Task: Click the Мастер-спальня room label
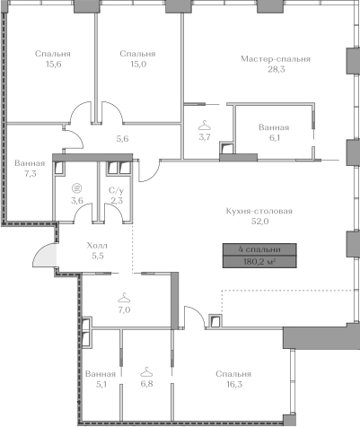coord(276,59)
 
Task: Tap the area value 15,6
coord(53,64)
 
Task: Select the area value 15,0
coord(138,64)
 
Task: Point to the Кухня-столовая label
coord(259,211)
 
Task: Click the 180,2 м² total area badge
coord(259,262)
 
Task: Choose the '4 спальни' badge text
coord(259,249)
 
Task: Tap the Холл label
coord(97,246)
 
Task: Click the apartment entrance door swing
coord(44,255)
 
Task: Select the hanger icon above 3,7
coord(205,126)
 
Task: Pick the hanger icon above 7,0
coord(124,298)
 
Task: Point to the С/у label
coord(116,190)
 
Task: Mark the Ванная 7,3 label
coord(30,169)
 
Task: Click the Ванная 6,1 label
coord(274,133)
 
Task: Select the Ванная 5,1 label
coord(101,379)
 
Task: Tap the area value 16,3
coord(234,384)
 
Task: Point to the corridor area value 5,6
coord(122,138)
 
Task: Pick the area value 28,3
coord(277,69)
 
